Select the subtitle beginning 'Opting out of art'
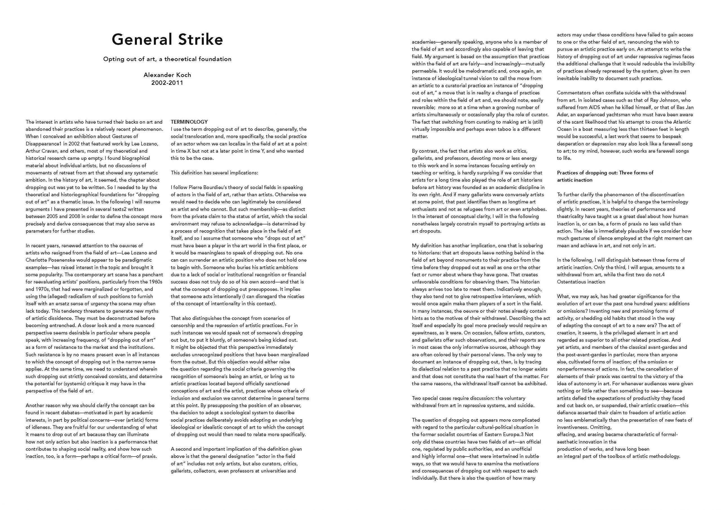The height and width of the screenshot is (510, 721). point(167,59)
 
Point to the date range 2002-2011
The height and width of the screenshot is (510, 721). point(167,83)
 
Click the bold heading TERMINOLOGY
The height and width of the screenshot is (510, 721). point(189,122)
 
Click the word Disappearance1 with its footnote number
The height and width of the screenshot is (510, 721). point(44,144)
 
